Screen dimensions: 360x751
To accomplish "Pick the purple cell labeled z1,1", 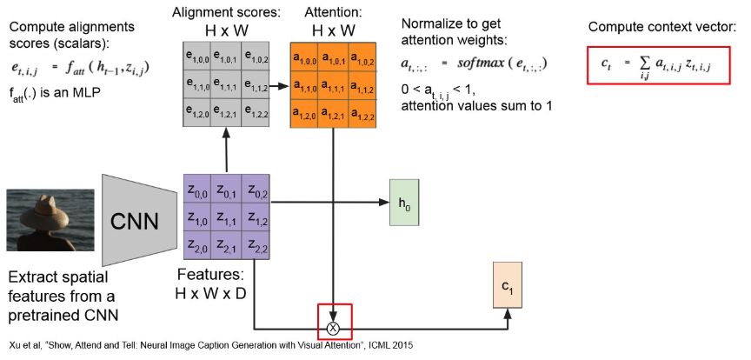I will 226,220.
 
